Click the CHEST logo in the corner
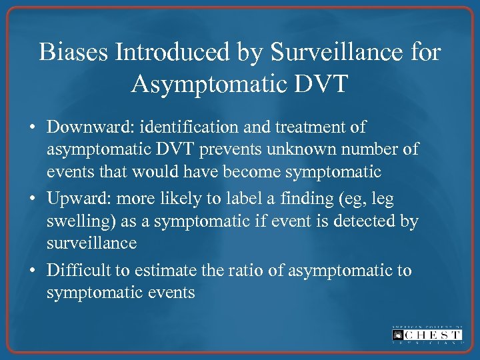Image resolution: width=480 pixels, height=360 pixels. [x=427, y=334]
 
